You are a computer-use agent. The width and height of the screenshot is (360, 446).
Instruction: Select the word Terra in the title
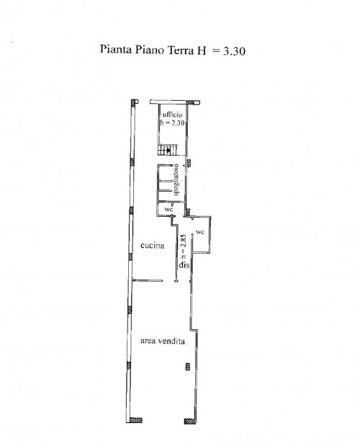point(181,50)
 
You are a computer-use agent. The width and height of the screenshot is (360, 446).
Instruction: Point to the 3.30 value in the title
point(234,51)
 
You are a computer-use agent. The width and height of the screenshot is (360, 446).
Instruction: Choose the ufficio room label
point(172,115)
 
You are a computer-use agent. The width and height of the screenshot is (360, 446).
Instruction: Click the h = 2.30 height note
point(172,123)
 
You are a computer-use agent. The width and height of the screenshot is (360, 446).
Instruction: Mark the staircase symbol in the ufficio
point(168,150)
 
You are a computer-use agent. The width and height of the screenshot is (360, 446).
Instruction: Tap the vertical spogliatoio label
point(176,179)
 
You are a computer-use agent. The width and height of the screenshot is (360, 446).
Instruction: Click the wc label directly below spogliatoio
point(168,210)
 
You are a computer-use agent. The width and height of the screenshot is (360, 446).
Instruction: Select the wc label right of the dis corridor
point(200,232)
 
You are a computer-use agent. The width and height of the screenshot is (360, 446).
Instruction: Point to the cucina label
point(153,246)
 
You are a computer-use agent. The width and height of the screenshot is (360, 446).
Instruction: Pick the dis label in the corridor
point(184,265)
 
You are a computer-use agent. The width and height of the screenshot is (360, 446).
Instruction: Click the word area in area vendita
point(148,341)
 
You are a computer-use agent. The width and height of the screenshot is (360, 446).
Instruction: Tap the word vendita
point(171,341)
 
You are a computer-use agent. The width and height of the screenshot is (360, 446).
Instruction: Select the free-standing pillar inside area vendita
point(188,366)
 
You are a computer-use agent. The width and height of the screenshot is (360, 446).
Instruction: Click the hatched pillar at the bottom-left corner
point(135,420)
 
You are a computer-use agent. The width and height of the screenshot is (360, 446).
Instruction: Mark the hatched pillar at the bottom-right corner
point(190,421)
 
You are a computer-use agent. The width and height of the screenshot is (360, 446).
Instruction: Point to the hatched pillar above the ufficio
point(193,102)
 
